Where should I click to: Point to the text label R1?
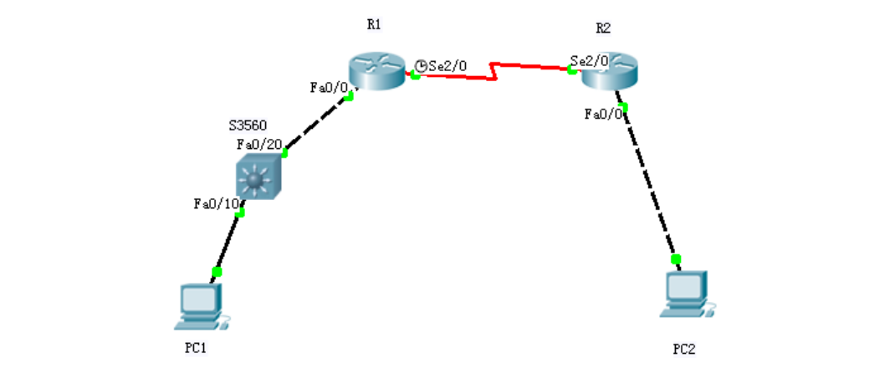point(374,25)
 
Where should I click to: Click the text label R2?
point(602,28)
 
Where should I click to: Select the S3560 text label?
point(248,125)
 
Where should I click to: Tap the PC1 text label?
point(196,349)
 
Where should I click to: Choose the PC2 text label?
point(684,349)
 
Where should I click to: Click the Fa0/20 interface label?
point(259,144)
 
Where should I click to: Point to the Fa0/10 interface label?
point(217,203)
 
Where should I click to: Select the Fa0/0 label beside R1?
point(327,87)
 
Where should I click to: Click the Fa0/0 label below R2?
point(603,115)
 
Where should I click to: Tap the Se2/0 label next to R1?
point(448,65)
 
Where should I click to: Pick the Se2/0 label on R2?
point(589,60)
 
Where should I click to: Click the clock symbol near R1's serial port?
point(421,64)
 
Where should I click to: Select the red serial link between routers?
point(494,71)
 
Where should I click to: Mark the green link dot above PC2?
point(676,259)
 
